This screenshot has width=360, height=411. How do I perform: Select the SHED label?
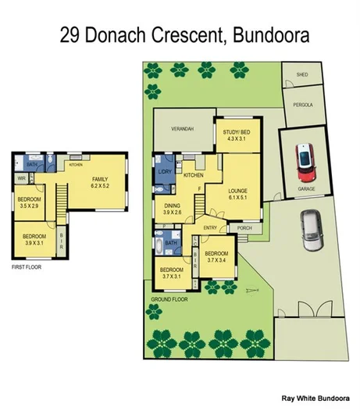pos(302,76)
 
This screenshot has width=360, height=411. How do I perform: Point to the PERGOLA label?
pos(302,104)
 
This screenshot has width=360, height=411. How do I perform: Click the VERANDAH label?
pos(181,128)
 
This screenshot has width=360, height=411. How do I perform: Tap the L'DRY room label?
pos(165,170)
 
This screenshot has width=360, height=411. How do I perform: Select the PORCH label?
pos(244,228)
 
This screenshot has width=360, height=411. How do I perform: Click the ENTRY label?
pos(210,227)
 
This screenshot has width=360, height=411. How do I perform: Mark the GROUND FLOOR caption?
pos(169,299)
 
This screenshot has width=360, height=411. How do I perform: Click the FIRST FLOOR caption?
pos(27,267)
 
